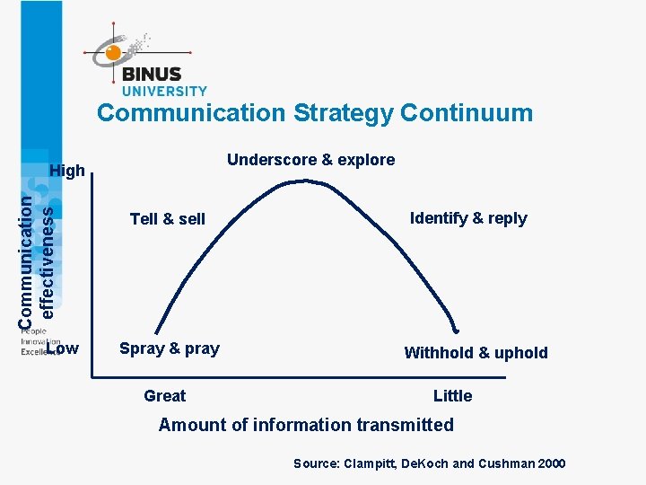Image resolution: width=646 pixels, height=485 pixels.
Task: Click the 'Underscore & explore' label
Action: tap(310, 160)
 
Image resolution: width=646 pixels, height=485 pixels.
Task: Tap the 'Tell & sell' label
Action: tap(167, 219)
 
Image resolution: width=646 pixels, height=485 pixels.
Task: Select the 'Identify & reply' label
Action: tap(468, 218)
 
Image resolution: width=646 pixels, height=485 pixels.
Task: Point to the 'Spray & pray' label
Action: tap(170, 348)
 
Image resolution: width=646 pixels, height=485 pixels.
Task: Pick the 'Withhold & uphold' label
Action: tap(476, 353)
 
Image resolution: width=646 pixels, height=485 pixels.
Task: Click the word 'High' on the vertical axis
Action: tap(67, 171)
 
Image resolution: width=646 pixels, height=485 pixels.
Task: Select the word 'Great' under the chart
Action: tap(165, 396)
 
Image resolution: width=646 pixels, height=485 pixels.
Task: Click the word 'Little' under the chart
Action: tap(452, 396)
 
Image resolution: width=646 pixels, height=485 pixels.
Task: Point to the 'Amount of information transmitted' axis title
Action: tap(306, 425)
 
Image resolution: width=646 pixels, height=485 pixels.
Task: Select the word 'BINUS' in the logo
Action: tap(152, 75)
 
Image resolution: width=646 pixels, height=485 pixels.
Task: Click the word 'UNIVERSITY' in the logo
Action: tap(164, 91)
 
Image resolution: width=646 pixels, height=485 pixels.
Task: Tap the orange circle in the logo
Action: tap(113, 54)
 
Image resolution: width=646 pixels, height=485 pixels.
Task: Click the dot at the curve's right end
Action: tap(456, 330)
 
